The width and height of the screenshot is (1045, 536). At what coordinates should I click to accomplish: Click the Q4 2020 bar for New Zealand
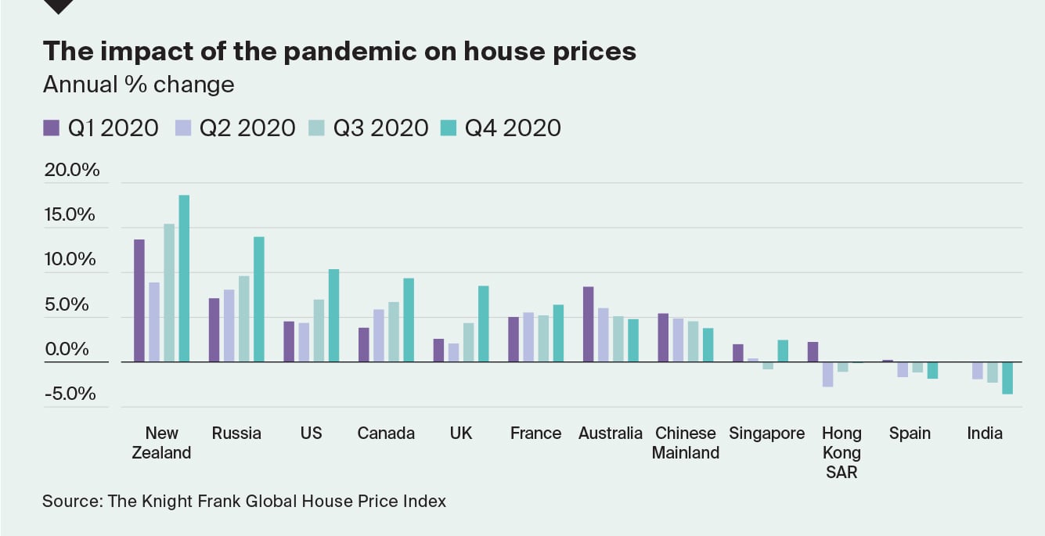[x=184, y=278]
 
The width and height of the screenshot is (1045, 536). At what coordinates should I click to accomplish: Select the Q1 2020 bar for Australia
[x=588, y=324]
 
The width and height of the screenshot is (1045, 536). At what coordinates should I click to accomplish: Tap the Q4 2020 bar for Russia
[x=258, y=299]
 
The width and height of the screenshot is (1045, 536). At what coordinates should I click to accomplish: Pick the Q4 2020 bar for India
[x=1007, y=378]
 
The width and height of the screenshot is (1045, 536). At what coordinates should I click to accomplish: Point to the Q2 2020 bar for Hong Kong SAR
[x=827, y=374]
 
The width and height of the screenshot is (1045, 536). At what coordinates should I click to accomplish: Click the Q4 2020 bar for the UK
[x=483, y=323]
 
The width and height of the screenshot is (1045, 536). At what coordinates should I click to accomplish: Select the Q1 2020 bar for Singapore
[x=737, y=353]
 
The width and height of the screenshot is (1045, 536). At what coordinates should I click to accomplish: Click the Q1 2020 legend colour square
[x=51, y=128]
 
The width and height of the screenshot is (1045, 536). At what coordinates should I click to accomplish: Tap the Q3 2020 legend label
[x=380, y=128]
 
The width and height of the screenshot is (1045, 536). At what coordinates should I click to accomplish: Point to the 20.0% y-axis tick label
[x=72, y=170]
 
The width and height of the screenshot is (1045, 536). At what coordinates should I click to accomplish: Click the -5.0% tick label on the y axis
[x=70, y=394]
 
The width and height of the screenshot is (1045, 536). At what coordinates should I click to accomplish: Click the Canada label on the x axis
[x=386, y=433]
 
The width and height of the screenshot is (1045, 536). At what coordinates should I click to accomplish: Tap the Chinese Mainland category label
[x=686, y=443]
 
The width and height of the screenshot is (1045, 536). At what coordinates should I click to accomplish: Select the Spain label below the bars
[x=910, y=433]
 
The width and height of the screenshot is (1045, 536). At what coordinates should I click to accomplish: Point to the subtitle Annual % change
[x=139, y=85]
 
